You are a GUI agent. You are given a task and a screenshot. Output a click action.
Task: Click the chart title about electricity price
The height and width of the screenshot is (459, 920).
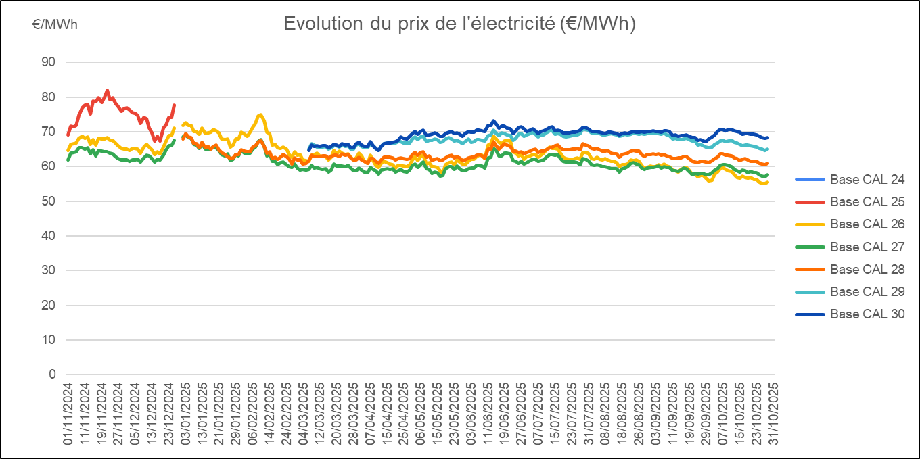[460, 24]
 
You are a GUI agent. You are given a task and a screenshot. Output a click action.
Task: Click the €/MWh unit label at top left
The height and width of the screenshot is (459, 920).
[55, 24]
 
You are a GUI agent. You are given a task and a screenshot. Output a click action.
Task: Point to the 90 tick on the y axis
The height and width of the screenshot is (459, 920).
[48, 62]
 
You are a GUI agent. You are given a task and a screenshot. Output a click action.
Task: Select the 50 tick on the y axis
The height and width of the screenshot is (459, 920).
[48, 201]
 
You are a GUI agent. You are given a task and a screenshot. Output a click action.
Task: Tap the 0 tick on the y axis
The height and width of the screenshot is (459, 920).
[51, 374]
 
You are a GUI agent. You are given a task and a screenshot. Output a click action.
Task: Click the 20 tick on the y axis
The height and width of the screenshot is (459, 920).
[48, 306]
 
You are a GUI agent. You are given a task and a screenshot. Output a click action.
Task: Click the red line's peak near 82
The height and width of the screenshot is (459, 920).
[107, 90]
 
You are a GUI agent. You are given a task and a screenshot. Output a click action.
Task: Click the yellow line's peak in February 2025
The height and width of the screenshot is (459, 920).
[260, 114]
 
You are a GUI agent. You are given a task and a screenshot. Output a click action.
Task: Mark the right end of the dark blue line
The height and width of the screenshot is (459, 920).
[768, 138]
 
